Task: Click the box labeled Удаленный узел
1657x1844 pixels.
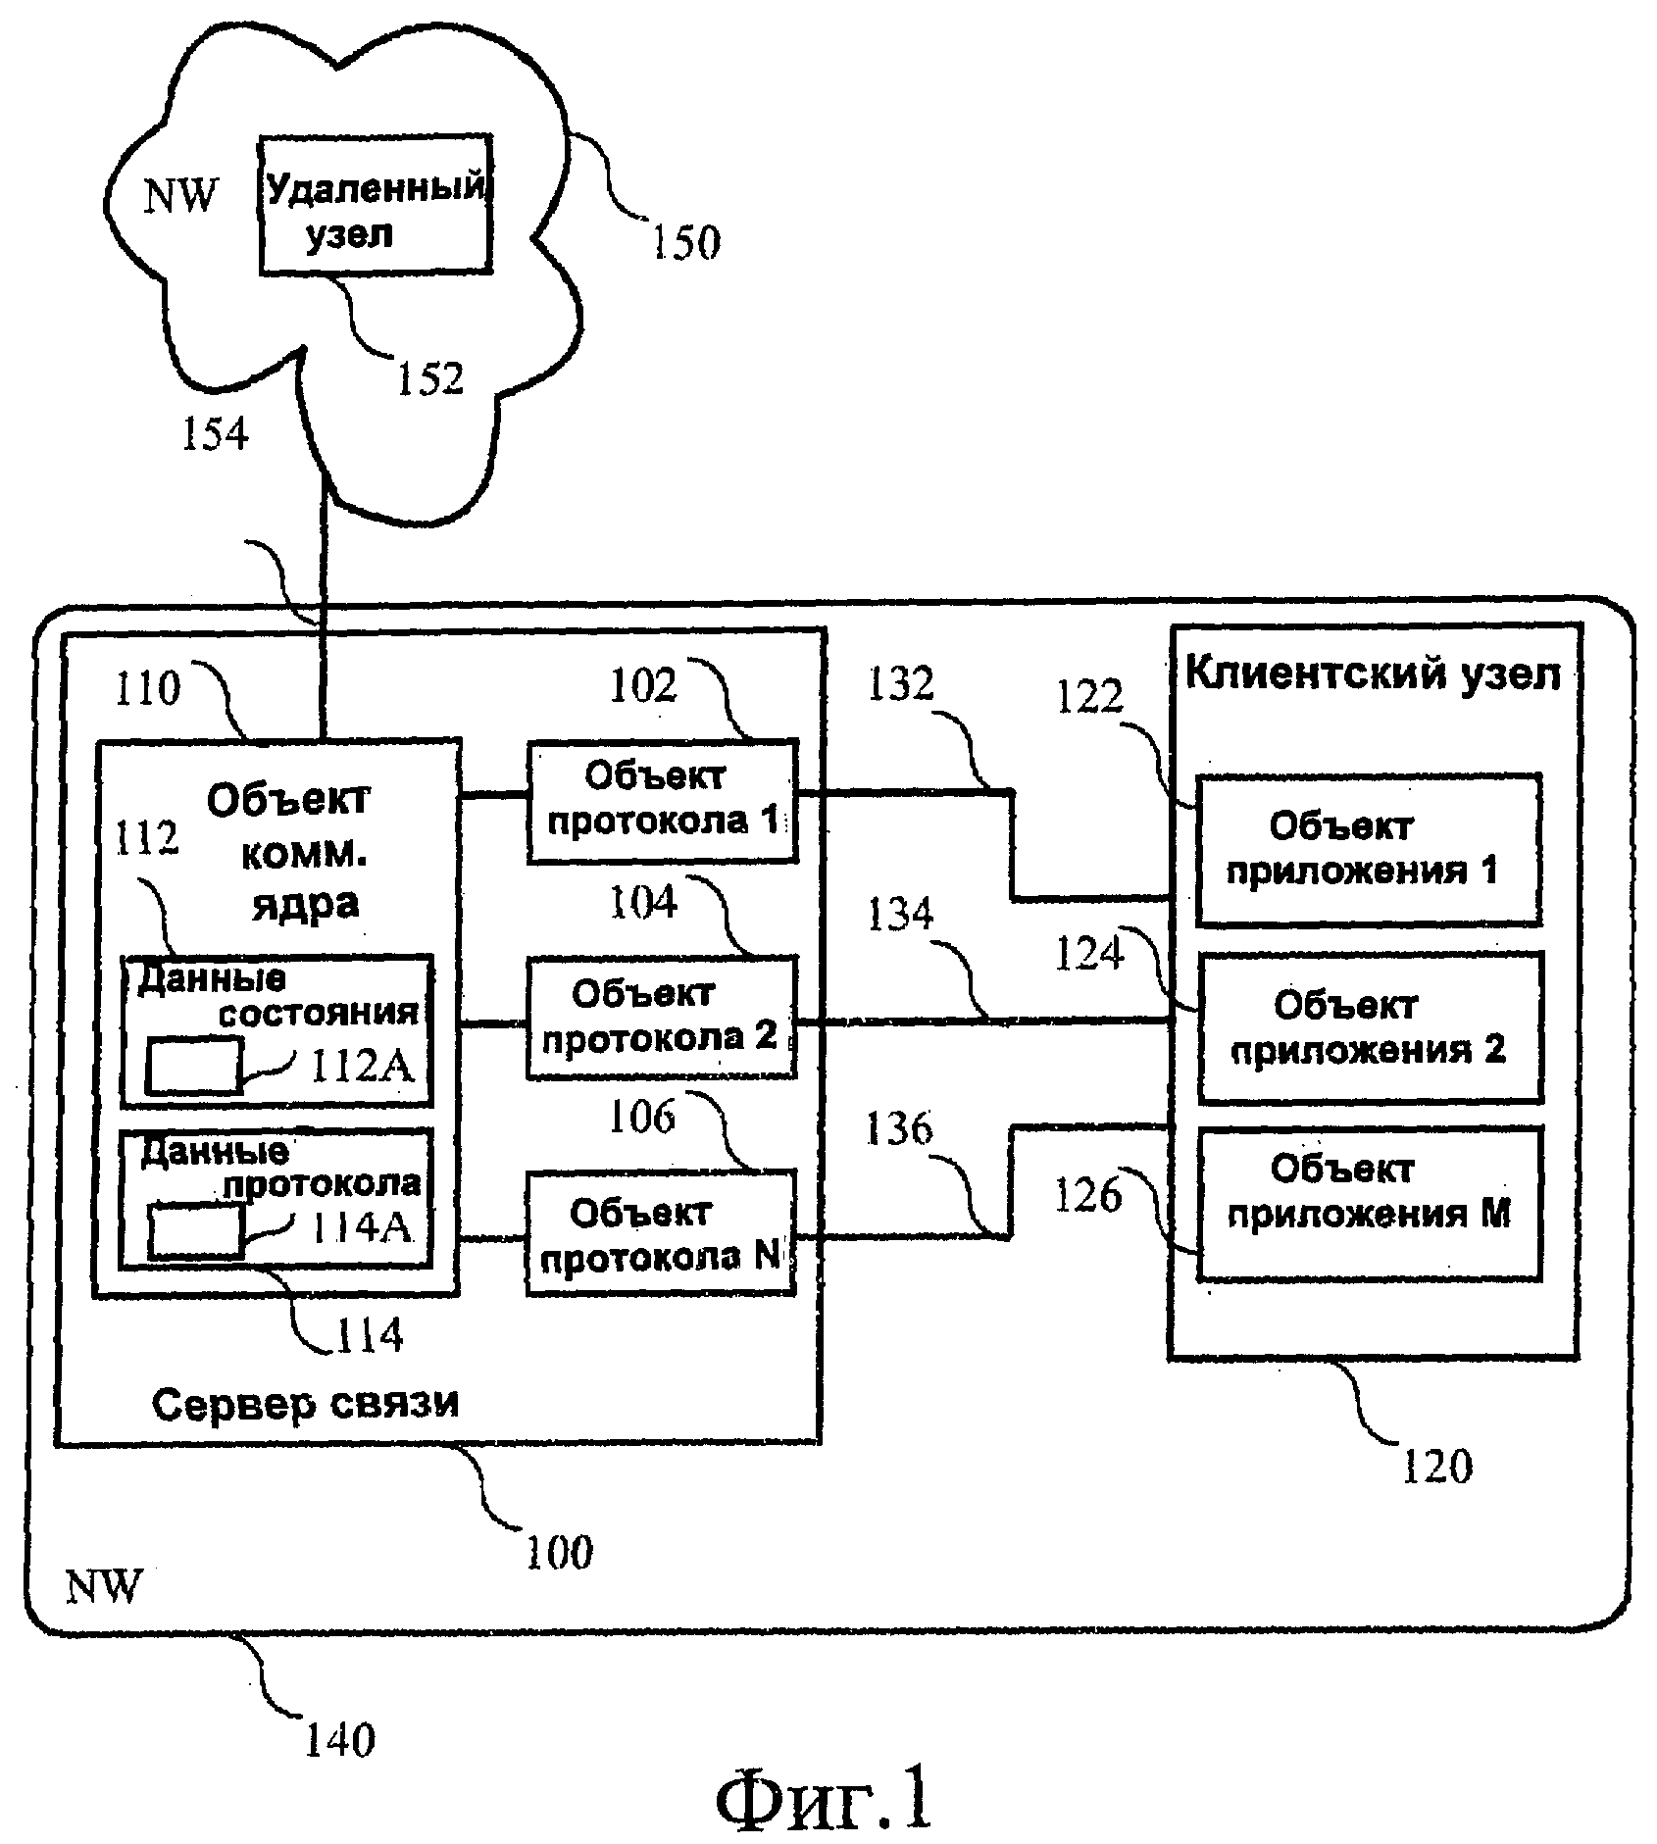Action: pos(376,204)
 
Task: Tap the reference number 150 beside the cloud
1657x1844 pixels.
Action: pos(686,241)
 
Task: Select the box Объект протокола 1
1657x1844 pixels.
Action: pos(662,801)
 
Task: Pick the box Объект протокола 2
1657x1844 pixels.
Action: pos(661,1018)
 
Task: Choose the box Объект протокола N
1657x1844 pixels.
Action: pos(660,1233)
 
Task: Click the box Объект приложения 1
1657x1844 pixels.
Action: pos(1368,849)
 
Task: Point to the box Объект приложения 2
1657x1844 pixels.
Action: pos(1370,1026)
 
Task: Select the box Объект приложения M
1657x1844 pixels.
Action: pos(1370,1202)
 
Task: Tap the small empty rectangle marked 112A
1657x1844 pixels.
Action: pos(193,1067)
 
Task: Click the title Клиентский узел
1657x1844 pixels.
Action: pos(1372,674)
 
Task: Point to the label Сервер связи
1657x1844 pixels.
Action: pos(305,1404)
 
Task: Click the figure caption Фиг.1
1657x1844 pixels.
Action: pos(824,1801)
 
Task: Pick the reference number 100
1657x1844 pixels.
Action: pos(560,1552)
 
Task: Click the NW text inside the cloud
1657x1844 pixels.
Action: pos(181,195)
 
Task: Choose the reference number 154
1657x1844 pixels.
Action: pos(216,432)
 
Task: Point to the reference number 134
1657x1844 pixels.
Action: pos(901,915)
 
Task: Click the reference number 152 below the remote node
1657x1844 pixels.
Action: pos(429,378)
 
